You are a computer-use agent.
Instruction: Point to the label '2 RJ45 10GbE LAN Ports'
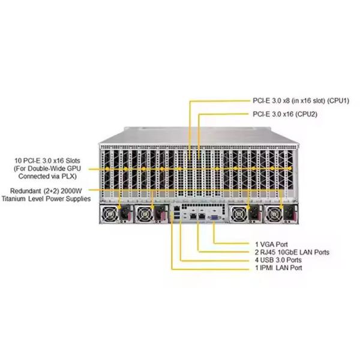292,253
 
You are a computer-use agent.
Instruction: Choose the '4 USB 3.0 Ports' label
278,260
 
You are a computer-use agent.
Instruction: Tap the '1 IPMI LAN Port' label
278,268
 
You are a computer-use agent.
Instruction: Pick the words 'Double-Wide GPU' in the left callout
65,169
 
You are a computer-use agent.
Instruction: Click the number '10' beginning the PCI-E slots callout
19,161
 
